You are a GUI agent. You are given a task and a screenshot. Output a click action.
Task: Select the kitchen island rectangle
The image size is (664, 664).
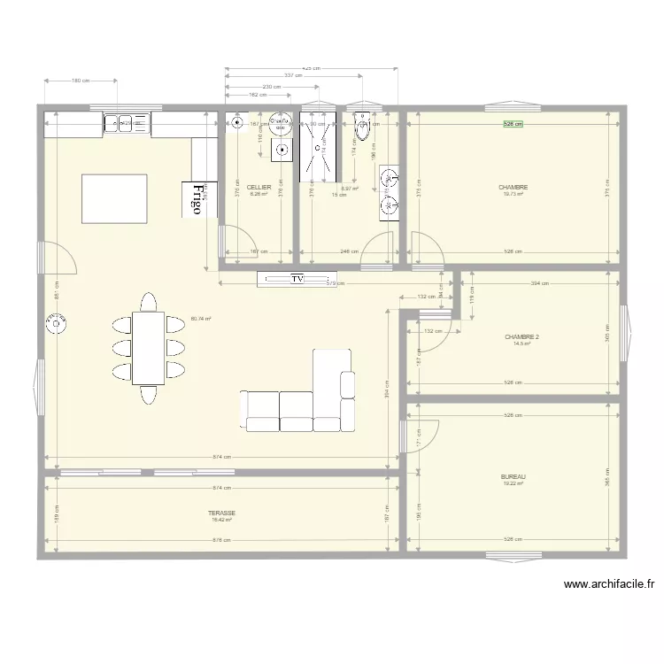114,198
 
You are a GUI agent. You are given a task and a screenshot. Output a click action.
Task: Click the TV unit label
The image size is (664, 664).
297,280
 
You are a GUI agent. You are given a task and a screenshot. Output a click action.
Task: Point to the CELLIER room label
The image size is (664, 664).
259,188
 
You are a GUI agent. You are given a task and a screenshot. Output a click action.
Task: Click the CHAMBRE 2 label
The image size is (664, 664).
522,337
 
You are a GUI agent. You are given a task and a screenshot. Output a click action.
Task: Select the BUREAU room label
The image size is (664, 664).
513,476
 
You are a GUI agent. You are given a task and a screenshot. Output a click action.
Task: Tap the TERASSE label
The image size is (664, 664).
221,513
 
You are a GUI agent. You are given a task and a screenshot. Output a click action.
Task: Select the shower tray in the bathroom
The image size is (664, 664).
319,143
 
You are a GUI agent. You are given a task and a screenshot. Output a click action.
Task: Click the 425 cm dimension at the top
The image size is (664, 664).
311,67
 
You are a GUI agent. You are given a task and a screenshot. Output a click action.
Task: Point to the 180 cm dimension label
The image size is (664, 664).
80,81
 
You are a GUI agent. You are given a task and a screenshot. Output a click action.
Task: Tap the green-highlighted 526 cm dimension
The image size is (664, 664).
513,124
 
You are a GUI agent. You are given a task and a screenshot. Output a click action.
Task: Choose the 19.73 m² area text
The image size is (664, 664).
513,195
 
